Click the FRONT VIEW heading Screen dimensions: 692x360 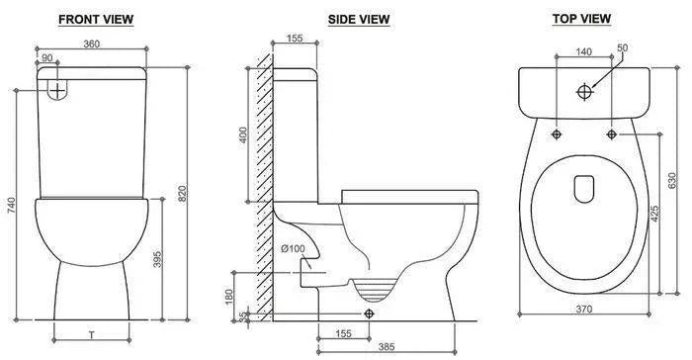pos(96,20)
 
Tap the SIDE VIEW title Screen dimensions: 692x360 pos(359,20)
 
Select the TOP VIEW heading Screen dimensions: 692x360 pos(581,19)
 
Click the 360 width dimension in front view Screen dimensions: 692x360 pos(92,44)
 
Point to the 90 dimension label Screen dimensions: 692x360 pos(46,58)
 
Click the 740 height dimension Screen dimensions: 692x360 pos(11,206)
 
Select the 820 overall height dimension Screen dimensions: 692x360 pos(182,194)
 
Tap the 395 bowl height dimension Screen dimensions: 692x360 pos(157,259)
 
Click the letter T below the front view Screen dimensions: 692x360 pos(92,335)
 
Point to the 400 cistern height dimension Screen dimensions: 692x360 pos(243,135)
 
